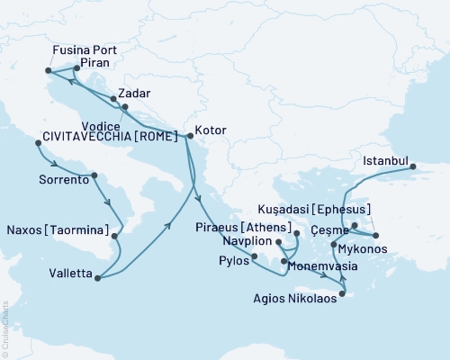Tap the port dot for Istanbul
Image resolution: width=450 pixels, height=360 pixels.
(413, 166)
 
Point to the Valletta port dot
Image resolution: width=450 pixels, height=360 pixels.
(95, 278)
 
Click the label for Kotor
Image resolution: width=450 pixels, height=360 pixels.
(211, 130)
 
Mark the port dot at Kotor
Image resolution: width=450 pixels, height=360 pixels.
(186, 137)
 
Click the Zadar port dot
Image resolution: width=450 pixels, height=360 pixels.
(112, 99)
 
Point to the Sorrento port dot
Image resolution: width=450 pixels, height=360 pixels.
(94, 175)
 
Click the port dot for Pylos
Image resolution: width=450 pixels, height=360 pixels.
(255, 257)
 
